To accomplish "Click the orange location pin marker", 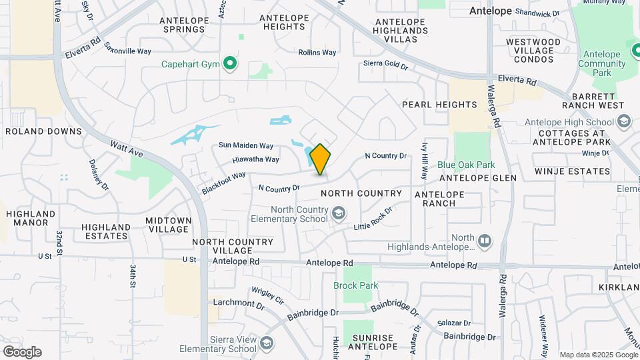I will coord(320,159).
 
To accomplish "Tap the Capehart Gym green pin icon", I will coord(231,64).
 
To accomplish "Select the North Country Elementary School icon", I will coord(339,213).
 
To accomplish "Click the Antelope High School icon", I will coord(624,121).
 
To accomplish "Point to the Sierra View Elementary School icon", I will coord(267,343).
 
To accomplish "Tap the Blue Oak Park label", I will coord(467,165).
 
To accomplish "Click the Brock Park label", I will coord(355,285).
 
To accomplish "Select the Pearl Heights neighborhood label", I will coord(439,105).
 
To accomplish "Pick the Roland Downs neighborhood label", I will coord(43,131).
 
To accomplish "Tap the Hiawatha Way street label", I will coord(255,159).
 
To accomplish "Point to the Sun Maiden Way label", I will coord(246,145).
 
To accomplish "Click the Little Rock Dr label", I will coord(373,217).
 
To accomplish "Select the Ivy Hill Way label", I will coord(424,160).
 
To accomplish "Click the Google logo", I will coord(22,352).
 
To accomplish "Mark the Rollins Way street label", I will coord(317,52).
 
